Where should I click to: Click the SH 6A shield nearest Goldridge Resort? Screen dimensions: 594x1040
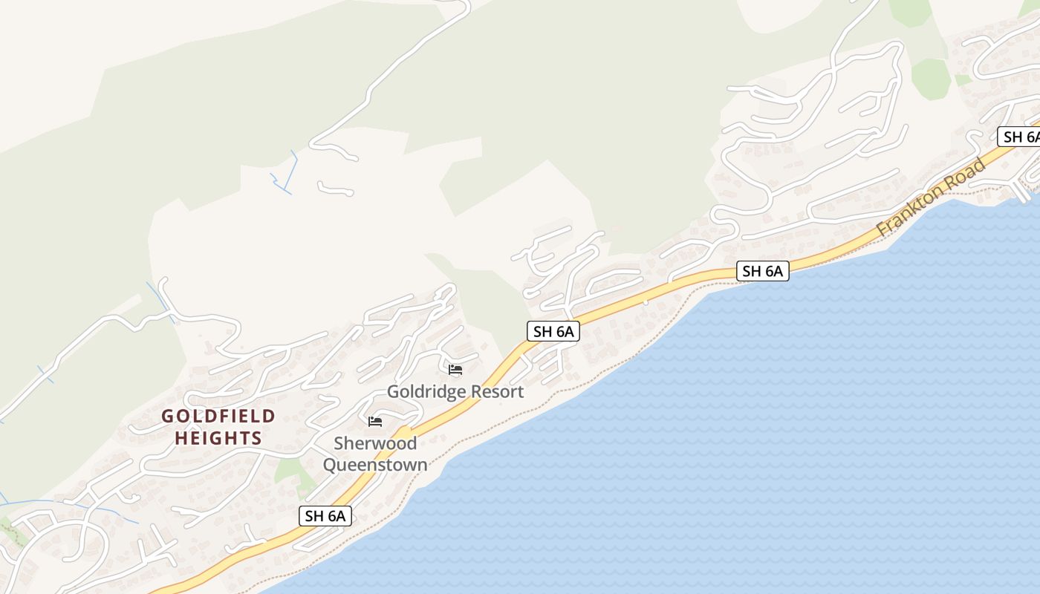(x=553, y=331)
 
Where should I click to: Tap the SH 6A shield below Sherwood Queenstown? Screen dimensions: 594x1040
(x=325, y=516)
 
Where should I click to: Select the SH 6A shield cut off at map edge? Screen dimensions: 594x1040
(x=1019, y=137)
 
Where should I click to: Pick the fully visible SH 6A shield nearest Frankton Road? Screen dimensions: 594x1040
(x=762, y=271)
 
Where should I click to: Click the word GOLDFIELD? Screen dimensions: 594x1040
(x=218, y=417)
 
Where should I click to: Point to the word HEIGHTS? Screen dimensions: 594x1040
(x=218, y=439)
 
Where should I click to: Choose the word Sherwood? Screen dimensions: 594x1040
(x=374, y=443)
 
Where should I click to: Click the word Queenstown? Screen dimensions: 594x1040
(x=374, y=466)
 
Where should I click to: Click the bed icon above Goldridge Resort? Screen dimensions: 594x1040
(x=455, y=369)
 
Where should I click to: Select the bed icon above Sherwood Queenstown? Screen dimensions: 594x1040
(x=375, y=422)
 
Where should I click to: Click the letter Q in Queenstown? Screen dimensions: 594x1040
(x=330, y=466)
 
